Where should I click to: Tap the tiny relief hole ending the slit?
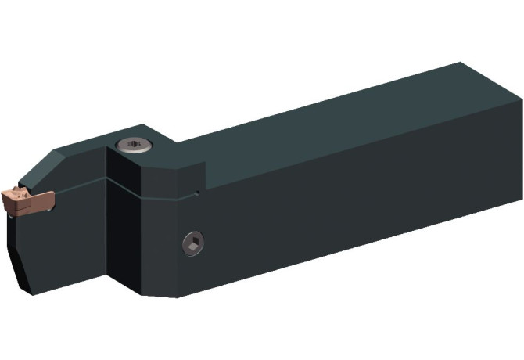click(197, 192)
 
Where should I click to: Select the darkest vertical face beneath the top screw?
click(123, 227)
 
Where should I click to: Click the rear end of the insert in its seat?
click(48, 200)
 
